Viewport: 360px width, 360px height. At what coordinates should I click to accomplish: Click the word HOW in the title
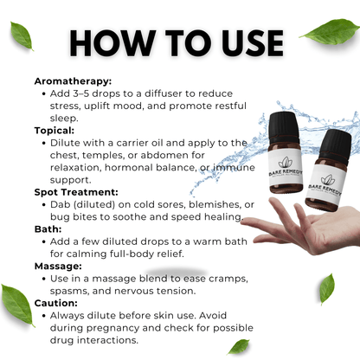[x=112, y=43]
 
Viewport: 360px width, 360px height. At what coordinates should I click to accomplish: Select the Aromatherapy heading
[x=73, y=81]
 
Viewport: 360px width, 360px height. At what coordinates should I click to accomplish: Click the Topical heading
[x=55, y=131]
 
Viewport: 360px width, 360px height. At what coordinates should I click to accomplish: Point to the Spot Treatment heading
[x=76, y=192]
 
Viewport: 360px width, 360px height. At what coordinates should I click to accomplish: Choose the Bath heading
[x=48, y=229]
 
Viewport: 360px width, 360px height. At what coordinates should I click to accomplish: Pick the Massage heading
[x=58, y=267]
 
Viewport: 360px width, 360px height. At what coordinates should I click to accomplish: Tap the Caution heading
[x=56, y=303]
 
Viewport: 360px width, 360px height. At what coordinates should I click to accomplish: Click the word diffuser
[x=164, y=93]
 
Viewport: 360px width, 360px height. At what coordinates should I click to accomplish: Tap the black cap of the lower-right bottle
[x=335, y=145]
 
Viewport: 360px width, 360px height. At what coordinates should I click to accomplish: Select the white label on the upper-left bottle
[x=286, y=168]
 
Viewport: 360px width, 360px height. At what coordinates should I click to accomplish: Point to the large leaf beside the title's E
[x=331, y=32]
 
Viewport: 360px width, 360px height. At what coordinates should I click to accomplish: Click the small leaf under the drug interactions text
[x=239, y=346]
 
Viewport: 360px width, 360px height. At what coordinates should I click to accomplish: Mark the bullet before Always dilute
[x=44, y=316]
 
